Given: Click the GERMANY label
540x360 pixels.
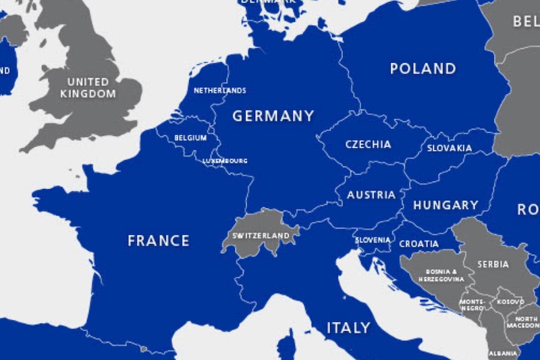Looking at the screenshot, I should pos(273,116).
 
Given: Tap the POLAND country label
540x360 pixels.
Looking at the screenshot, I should pos(423,68).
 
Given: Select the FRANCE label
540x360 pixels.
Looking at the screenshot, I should pos(159,240).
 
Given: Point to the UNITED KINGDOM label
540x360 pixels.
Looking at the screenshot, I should pos(88,88).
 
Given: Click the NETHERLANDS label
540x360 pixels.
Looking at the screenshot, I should pos(220,91).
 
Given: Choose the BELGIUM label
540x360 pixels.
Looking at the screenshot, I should pos(190,138).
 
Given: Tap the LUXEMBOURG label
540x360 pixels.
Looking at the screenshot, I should pos(225,161).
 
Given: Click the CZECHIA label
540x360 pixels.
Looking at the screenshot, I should pos(368,145).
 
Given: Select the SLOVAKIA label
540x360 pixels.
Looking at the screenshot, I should pos(450,148).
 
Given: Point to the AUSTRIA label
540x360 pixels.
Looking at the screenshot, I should pos(371,195).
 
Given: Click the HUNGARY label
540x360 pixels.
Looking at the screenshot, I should pos(446,205).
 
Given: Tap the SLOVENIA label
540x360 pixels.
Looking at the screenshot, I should pos(373,240).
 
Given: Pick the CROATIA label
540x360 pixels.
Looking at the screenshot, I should pos(418,244).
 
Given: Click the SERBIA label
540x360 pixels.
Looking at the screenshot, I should pos(493,265).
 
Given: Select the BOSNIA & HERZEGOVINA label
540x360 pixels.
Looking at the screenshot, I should pos(437,275).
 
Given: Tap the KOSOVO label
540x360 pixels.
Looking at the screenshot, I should pos(510,302).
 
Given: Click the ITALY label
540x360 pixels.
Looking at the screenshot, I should pos(348,328).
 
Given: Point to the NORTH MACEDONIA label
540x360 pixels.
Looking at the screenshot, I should pos(526,322).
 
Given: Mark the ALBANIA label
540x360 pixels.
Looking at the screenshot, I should pos(503,353).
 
